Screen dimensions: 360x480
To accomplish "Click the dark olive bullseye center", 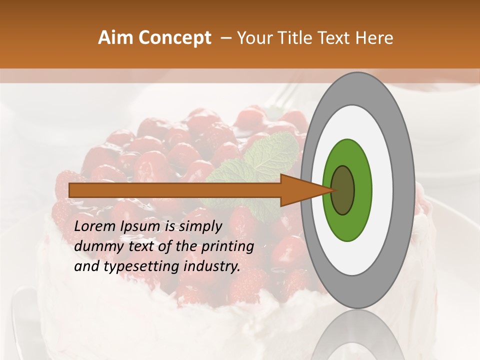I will click(343, 190).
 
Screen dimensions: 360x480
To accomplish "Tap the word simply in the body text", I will click(200, 226).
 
